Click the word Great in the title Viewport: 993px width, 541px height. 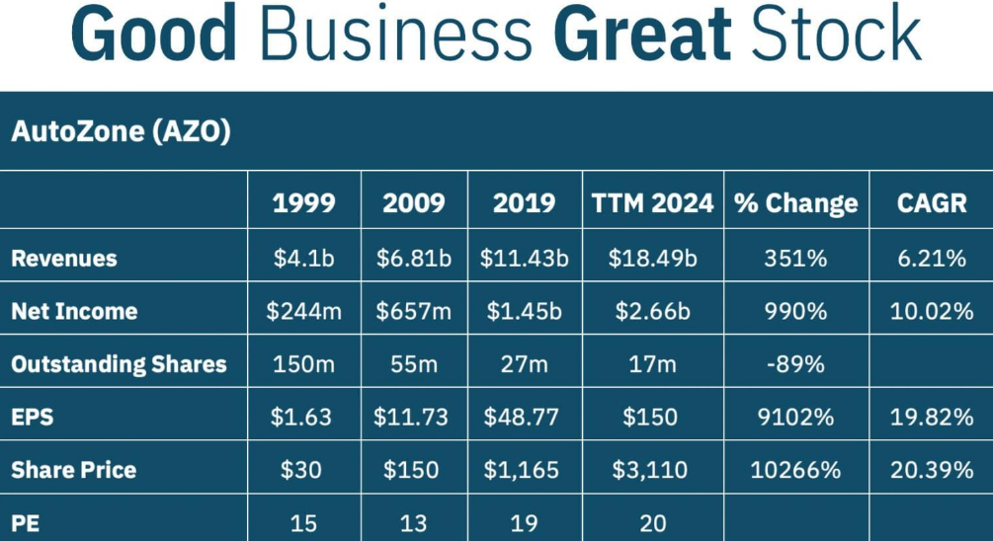[641, 36]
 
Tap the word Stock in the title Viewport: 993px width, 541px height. [836, 36]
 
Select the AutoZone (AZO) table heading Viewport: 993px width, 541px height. [121, 131]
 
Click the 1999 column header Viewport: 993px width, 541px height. [303, 203]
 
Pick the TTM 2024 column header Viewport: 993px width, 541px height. [652, 203]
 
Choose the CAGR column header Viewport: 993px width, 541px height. [931, 203]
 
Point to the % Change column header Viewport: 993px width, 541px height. [795, 203]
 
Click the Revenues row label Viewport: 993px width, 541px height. [64, 259]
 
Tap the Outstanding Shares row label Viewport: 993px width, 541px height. [119, 364]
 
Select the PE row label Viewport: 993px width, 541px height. [26, 522]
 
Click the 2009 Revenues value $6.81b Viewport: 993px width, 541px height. [413, 259]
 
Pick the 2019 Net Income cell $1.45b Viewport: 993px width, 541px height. [524, 312]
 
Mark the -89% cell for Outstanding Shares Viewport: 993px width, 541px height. [795, 364]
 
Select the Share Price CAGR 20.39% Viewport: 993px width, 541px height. [932, 470]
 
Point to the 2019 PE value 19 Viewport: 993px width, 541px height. [523, 522]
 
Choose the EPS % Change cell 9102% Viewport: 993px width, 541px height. [795, 417]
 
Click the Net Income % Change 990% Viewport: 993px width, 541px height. [795, 312]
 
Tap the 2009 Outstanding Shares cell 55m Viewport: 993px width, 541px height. [413, 364]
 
